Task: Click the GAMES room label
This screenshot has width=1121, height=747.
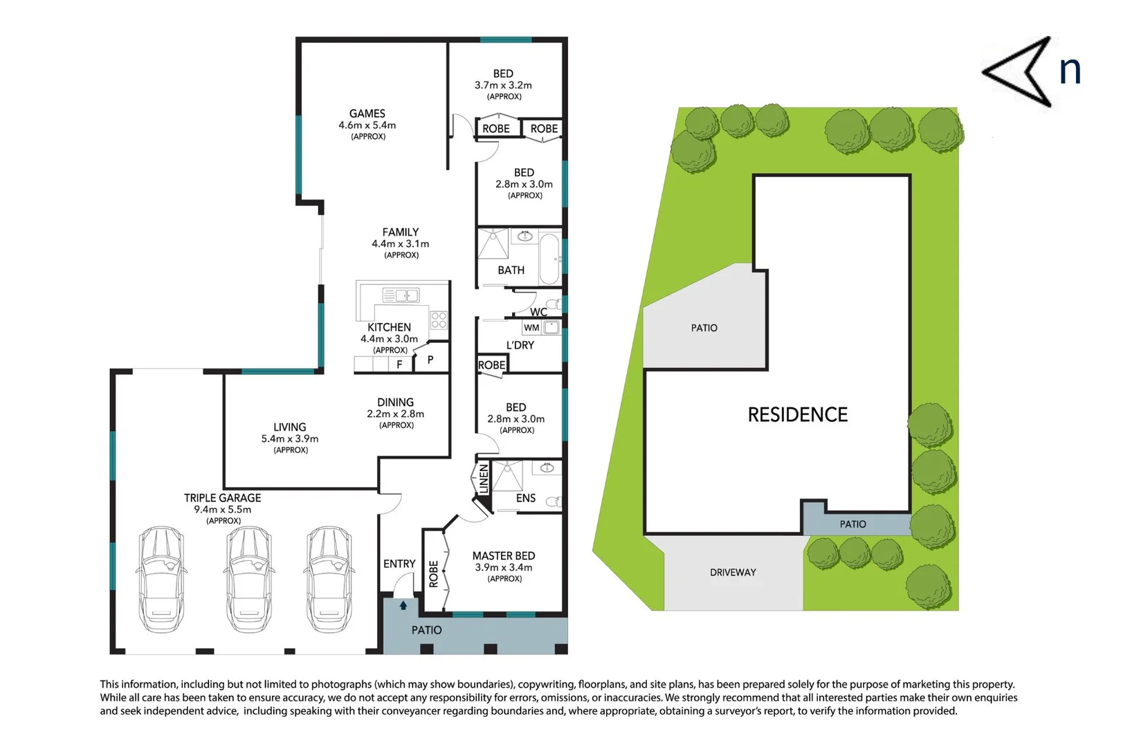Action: point(367,113)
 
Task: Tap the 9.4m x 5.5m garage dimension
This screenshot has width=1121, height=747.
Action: point(222,510)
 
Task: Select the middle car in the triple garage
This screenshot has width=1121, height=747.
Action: point(248,580)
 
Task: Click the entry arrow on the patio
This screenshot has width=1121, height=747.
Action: point(403,606)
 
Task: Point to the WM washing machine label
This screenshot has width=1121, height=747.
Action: point(531,328)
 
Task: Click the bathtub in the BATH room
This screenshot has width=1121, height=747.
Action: point(549,259)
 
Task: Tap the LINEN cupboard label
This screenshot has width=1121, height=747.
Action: point(484,479)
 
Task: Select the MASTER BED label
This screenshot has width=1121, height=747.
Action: point(503,556)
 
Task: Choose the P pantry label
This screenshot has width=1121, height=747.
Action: point(430,360)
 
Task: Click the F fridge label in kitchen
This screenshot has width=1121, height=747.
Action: point(399,365)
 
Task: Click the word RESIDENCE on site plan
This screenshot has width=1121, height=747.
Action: point(797,414)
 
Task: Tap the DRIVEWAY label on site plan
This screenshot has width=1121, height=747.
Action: point(733,573)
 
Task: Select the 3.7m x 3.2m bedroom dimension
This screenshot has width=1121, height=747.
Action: point(503,85)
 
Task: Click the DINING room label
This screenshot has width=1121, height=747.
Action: point(395,402)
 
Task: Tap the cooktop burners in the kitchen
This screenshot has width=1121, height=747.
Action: point(439,320)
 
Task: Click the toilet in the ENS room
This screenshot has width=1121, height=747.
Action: point(554,501)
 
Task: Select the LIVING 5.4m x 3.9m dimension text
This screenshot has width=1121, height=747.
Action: point(289,439)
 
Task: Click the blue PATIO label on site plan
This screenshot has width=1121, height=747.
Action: point(853,524)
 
